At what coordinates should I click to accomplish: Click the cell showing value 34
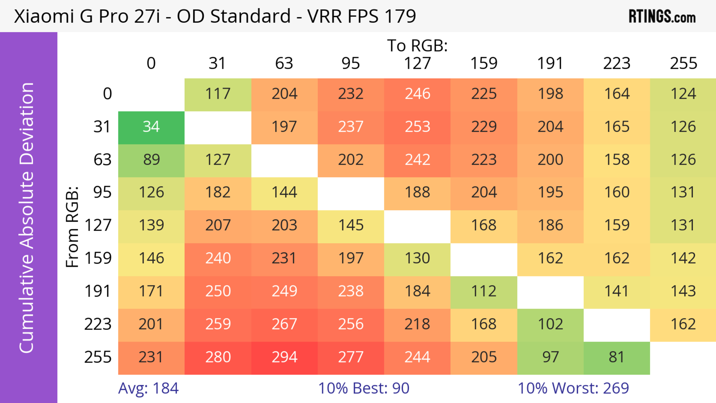[151, 127]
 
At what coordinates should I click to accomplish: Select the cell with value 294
[284, 357]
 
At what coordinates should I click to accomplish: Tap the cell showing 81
[616, 357]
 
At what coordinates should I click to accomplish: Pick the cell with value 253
[417, 127]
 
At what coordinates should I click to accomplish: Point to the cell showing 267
[284, 324]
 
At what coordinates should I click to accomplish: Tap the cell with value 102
[550, 324]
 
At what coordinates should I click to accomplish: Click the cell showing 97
[550, 357]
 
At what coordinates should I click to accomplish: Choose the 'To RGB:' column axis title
[417, 46]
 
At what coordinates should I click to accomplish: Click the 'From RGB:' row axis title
[72, 227]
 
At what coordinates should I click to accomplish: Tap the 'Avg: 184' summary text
[148, 388]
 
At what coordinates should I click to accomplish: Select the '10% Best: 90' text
[364, 388]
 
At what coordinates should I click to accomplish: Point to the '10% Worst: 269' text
[573, 388]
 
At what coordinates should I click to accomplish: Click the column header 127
[417, 63]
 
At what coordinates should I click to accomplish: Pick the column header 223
[616, 63]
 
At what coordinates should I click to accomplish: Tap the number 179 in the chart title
[400, 16]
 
